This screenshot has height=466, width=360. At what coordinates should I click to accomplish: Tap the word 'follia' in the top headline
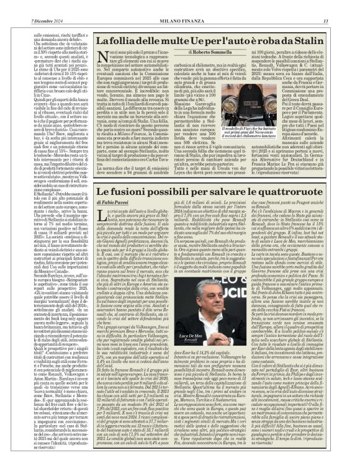[x=124, y=38]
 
